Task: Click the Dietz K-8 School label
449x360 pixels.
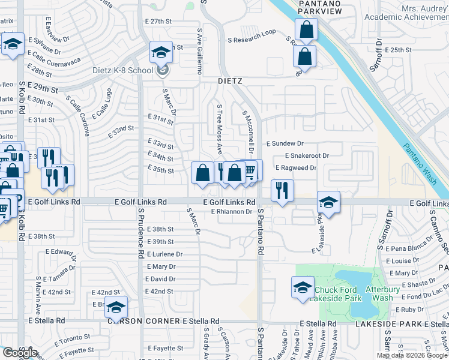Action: click(122, 70)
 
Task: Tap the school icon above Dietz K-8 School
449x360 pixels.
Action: click(161, 52)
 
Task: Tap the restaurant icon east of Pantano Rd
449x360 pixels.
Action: click(281, 191)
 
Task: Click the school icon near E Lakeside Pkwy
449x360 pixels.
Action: click(328, 202)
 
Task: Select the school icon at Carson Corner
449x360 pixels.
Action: click(116, 307)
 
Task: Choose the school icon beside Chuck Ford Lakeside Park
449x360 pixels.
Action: click(303, 287)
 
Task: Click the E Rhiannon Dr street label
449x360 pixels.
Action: click(231, 211)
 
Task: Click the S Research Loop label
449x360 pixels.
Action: click(251, 32)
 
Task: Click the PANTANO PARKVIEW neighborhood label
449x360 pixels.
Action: click(320, 7)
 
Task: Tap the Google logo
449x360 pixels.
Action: click(20, 352)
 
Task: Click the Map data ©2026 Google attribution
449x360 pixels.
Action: click(412, 355)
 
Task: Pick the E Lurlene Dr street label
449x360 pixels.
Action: click(164, 254)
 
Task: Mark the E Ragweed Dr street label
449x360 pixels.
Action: click(295, 168)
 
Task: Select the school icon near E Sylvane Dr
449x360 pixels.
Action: click(12, 43)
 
